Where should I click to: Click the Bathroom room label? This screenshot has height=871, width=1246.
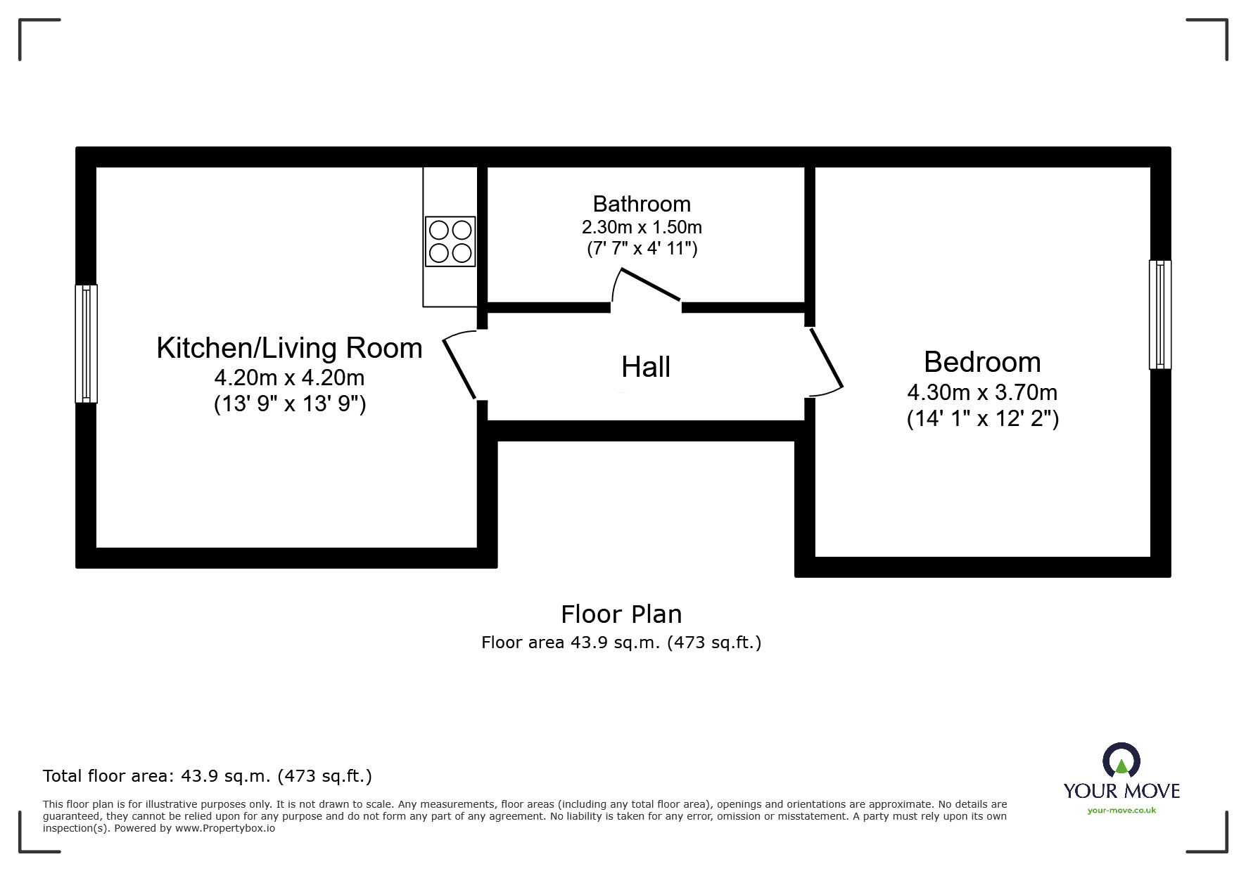(642, 204)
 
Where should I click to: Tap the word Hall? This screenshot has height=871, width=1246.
(646, 367)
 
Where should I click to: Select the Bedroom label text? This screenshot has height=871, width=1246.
(982, 362)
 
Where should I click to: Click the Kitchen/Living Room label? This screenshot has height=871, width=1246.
(289, 348)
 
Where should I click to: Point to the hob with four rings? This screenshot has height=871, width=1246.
(450, 242)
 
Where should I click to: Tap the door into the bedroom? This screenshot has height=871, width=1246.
(826, 359)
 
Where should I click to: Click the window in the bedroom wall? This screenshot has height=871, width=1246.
(1160, 314)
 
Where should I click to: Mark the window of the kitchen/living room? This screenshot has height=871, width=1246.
(87, 343)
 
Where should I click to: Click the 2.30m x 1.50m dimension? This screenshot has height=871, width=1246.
(642, 228)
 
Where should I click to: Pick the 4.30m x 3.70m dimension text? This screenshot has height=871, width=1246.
(982, 392)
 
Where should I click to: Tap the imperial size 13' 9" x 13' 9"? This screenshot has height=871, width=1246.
(290, 404)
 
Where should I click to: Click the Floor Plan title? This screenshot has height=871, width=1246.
(621, 614)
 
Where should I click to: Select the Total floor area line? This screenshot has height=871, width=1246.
(208, 776)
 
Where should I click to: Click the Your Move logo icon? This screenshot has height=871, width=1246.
(1121, 761)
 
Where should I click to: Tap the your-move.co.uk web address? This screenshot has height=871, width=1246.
(1121, 811)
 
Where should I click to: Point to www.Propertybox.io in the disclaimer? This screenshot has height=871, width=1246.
(225, 828)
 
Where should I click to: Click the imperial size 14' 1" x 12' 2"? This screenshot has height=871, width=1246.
(983, 419)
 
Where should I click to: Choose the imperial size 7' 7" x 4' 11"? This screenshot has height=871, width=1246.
(642, 249)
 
